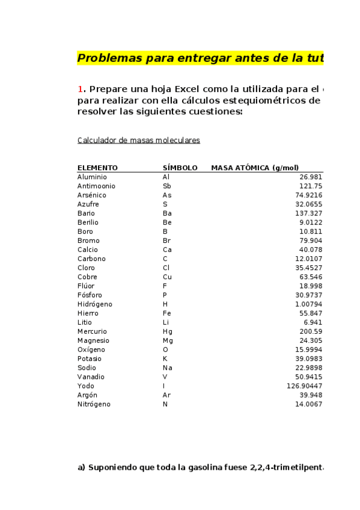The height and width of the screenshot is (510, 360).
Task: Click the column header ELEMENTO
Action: click(97, 168)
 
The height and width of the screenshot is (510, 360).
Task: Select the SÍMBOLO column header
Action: click(180, 168)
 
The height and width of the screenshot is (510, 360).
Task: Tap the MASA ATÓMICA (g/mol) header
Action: click(255, 168)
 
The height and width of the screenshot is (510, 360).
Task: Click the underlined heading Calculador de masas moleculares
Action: click(138, 140)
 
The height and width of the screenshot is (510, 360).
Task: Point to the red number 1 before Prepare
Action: click(80, 90)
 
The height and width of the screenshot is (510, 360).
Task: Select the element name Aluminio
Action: click(92, 177)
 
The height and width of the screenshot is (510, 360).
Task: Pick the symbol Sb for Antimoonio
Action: click(166, 186)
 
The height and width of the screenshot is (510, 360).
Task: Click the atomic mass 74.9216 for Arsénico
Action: click(308, 195)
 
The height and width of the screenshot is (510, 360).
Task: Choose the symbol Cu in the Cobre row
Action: click(167, 277)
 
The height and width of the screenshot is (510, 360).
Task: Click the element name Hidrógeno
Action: click(94, 304)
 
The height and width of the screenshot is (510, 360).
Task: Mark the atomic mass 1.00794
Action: click(308, 304)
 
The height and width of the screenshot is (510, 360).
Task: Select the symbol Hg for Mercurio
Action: click(167, 331)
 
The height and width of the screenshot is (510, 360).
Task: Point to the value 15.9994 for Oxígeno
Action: click(308, 349)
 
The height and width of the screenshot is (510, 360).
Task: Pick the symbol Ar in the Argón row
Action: click(166, 395)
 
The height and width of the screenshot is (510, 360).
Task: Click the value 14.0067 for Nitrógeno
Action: click(308, 404)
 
